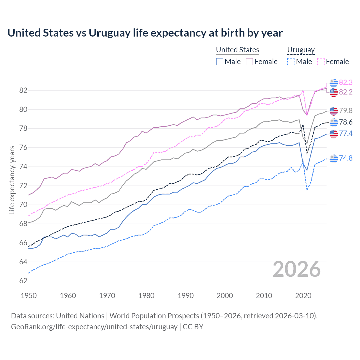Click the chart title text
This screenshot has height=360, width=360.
tap(145, 33)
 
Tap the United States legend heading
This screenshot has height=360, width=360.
tap(237, 50)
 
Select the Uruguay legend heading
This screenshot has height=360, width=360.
tap(301, 50)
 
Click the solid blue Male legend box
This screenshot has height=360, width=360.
tap(220, 62)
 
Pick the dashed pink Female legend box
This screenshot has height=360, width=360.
tap(321, 62)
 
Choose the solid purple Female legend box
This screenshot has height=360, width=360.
tap(249, 62)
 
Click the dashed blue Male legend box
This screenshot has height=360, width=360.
tap(291, 62)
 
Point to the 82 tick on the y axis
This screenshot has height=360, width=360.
tap(23, 90)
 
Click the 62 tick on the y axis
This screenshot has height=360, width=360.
tap(23, 281)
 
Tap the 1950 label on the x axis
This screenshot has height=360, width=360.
tap(29, 296)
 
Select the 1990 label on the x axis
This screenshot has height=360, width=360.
tap(186, 296)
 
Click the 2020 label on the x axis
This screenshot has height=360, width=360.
tap(303, 296)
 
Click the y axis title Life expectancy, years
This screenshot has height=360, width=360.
tap(12, 180)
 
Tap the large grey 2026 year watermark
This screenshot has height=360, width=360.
tap(296, 269)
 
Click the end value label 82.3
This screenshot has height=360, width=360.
tap(346, 82)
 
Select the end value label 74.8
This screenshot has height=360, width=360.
tap(346, 158)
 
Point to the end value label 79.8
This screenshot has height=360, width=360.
tap(346, 111)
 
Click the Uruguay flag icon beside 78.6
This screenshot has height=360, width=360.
tap(334, 122)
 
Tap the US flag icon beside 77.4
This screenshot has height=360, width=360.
tap(334, 134)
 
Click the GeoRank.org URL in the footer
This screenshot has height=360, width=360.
tap(94, 327)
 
